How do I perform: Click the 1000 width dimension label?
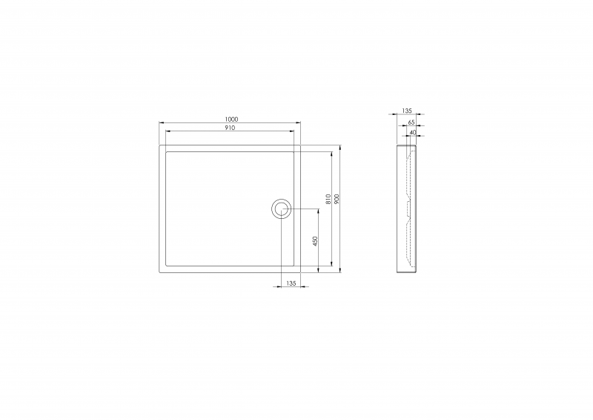[231, 119]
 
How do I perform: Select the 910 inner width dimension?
[230, 128]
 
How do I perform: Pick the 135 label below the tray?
[291, 283]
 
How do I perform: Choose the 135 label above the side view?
[407, 111]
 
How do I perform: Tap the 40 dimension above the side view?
[412, 131]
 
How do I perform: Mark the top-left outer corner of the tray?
[159, 145]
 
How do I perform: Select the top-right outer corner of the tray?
[301, 145]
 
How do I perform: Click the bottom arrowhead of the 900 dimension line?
[340, 271]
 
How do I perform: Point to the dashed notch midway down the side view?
[408, 200]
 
